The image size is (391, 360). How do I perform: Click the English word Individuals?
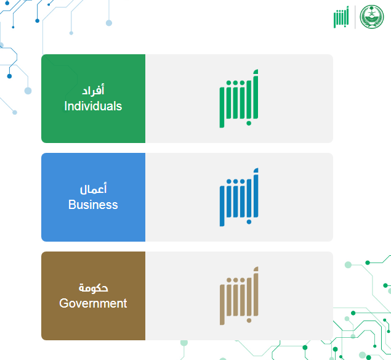(93, 106)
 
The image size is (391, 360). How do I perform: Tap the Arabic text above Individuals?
(93, 90)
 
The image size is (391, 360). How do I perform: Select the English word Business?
(93, 205)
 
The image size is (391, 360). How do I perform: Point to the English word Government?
(93, 303)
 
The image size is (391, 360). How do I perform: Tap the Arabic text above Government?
(93, 288)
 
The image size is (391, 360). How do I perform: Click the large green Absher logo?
(239, 99)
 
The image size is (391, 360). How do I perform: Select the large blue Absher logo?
(239, 197)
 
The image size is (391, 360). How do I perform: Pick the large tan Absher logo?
(239, 296)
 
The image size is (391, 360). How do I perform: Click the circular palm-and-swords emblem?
(372, 17)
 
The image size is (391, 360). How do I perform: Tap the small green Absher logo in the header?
(341, 17)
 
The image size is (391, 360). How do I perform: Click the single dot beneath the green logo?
(249, 123)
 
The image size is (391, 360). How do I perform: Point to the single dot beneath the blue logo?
(249, 222)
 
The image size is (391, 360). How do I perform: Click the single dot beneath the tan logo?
(249, 321)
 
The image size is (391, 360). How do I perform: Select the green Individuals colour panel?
(93, 99)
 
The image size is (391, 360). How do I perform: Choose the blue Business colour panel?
(93, 197)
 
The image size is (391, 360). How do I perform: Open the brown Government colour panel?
(93, 296)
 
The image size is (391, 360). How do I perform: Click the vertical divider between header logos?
(355, 17)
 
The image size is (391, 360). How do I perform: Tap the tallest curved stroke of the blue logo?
(256, 193)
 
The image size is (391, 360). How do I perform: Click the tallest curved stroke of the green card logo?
(256, 94)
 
